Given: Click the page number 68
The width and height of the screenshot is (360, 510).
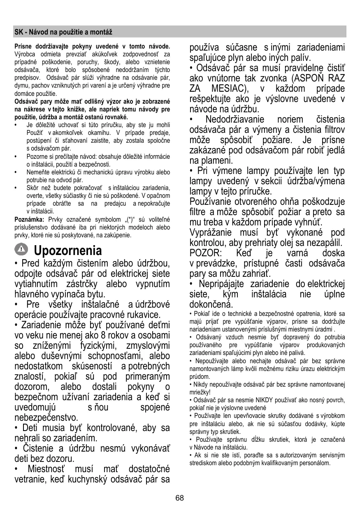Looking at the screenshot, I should [179, 498].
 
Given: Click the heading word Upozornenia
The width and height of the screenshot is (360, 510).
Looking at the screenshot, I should [68, 250].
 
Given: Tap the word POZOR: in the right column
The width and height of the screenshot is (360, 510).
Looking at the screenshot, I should [206, 252].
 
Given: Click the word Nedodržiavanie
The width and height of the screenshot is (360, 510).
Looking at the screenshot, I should [236, 120].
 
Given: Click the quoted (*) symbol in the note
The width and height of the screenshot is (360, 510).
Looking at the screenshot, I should [123, 219].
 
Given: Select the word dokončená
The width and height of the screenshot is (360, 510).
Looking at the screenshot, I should [211, 305].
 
